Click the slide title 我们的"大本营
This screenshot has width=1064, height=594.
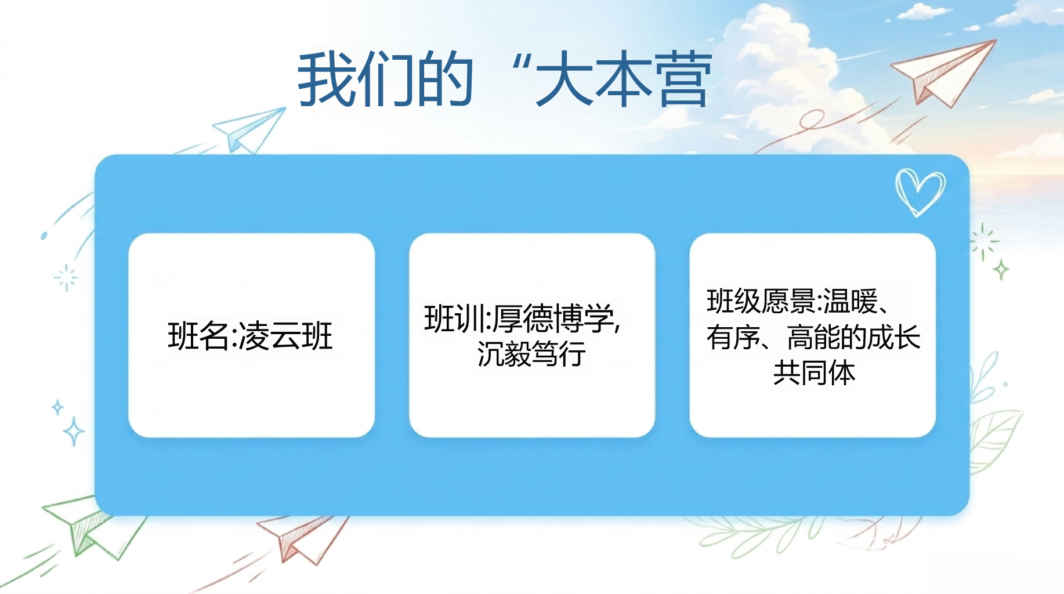(505, 79)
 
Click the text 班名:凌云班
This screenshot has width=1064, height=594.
(250, 336)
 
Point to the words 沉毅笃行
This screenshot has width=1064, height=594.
(531, 353)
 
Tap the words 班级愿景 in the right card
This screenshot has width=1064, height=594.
(761, 301)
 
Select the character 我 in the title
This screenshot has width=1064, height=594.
(326, 79)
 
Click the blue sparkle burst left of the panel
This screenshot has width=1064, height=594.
(66, 277)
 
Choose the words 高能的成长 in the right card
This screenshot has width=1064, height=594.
(853, 337)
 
